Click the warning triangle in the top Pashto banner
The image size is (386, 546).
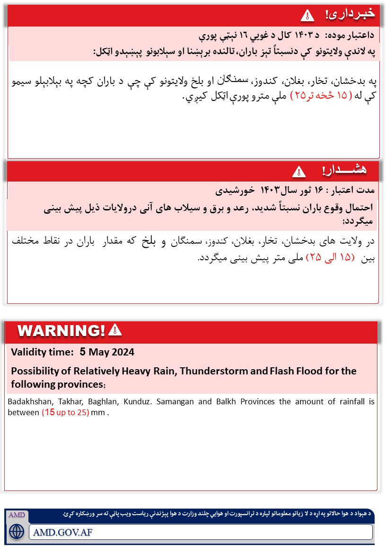coord(307,16)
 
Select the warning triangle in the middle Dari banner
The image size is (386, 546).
coord(298,171)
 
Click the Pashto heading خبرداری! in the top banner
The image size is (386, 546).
coord(350,14)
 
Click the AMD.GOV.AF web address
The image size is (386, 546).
coord(63,532)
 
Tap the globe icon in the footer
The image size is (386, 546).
coord(17,531)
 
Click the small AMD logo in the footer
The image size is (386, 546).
coord(17,515)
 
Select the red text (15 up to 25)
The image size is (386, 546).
coord(66,412)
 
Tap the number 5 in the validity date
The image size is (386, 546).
coord(83,352)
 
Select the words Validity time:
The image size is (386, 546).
coord(42,352)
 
